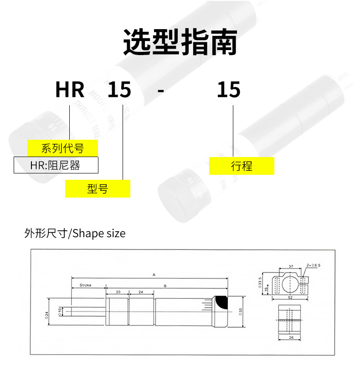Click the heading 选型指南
pyautogui.click(x=180, y=43)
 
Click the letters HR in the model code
pyautogui.click(x=70, y=90)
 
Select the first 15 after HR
pyautogui.click(x=119, y=90)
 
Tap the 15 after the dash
pyautogui.click(x=228, y=90)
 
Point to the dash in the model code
pyautogui.click(x=160, y=91)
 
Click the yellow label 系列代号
pyautogui.click(x=62, y=148)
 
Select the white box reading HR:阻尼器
pyautogui.click(x=56, y=165)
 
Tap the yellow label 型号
pyautogui.click(x=98, y=188)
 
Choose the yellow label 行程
pyautogui.click(x=242, y=166)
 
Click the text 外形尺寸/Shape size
pyautogui.click(x=75, y=234)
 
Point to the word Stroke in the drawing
pyautogui.click(x=86, y=285)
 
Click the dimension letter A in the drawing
pyautogui.click(x=154, y=274)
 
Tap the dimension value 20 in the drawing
pyautogui.click(x=118, y=292)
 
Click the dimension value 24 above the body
pyautogui.click(x=141, y=292)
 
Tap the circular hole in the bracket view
pyautogui.click(x=290, y=285)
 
